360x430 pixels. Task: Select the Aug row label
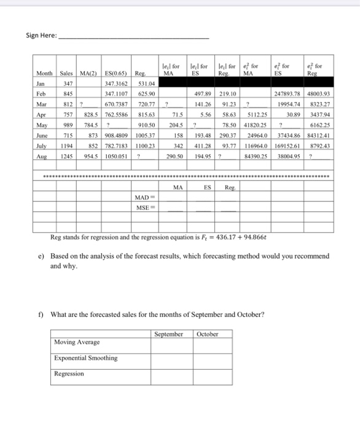[x=42, y=156]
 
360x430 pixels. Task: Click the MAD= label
[x=146, y=197]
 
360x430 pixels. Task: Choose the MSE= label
[x=146, y=208]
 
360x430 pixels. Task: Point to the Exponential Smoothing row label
[x=85, y=358]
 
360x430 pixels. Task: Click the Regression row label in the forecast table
[x=69, y=373]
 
